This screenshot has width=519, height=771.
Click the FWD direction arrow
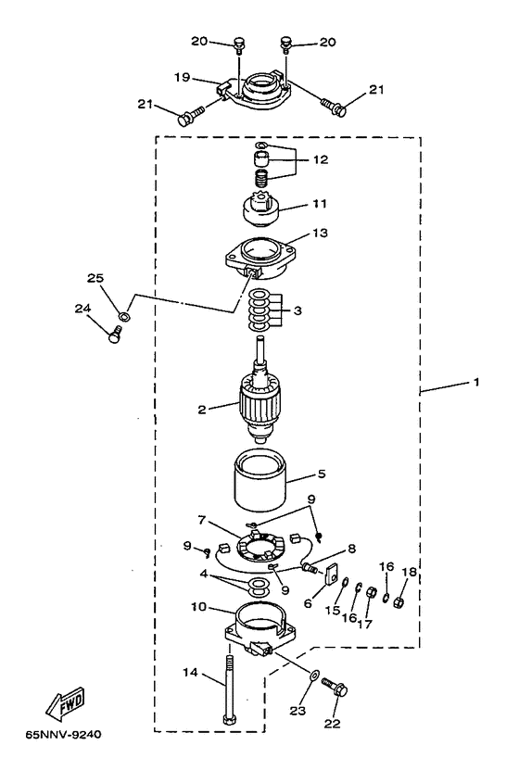[x=65, y=705]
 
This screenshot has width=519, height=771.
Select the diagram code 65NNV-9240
[x=63, y=735]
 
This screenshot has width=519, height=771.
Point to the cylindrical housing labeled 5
[x=260, y=480]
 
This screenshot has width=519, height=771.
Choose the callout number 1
[x=475, y=382]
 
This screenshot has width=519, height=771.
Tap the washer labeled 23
[x=314, y=675]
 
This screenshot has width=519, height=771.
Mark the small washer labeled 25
[x=124, y=316]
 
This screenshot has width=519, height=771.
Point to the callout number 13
[x=320, y=233]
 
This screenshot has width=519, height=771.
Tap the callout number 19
[x=182, y=77]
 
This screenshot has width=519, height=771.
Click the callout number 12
[x=320, y=159]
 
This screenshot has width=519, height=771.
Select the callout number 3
[x=297, y=310]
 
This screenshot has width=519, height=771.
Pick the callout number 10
[x=198, y=607]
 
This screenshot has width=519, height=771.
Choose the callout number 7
[x=201, y=519]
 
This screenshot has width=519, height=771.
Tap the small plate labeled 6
[x=332, y=573]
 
